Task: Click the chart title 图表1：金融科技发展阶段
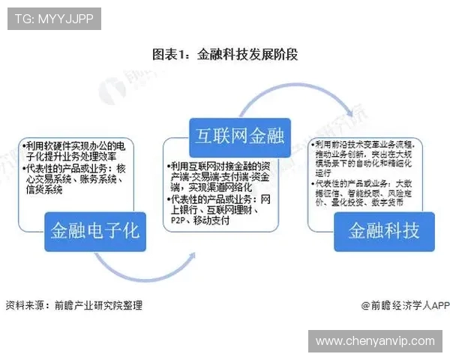(225, 54)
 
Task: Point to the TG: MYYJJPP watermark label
(55, 19)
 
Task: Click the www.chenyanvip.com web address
(375, 340)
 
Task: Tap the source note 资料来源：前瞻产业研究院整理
(74, 305)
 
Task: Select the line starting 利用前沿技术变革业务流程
(365, 144)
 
